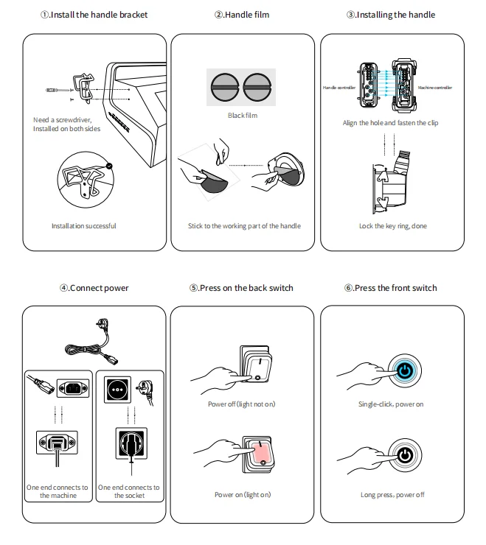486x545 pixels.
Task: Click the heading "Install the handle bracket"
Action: (94, 15)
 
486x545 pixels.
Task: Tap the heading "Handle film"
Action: (243, 15)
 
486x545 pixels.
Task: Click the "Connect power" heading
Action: (94, 288)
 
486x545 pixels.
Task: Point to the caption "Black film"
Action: (243, 116)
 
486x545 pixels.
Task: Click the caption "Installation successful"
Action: (83, 226)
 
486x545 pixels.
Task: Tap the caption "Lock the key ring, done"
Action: (392, 226)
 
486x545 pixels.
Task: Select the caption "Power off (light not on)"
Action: (242, 404)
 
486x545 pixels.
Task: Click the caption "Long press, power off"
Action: (392, 495)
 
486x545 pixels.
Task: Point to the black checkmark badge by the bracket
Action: (109, 166)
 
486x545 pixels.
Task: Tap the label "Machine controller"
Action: (434, 88)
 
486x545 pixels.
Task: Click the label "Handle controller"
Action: (339, 88)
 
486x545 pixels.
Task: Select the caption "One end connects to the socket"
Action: (129, 491)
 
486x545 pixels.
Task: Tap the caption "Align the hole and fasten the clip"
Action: (390, 123)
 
